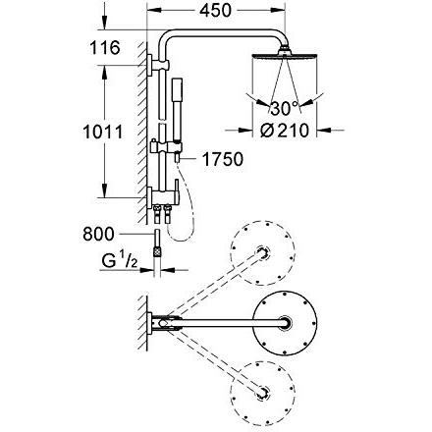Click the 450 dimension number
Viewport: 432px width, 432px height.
(215, 11)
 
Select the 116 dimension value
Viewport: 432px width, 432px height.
(105, 48)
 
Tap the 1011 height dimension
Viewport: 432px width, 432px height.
(103, 132)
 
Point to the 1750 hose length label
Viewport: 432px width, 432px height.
(223, 159)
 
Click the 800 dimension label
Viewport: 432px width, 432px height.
(98, 235)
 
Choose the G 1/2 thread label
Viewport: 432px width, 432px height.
(120, 261)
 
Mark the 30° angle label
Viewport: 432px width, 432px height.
(285, 108)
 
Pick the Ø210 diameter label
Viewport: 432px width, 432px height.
(285, 131)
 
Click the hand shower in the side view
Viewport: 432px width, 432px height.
(177, 111)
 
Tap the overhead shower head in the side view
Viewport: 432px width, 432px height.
(285, 55)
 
